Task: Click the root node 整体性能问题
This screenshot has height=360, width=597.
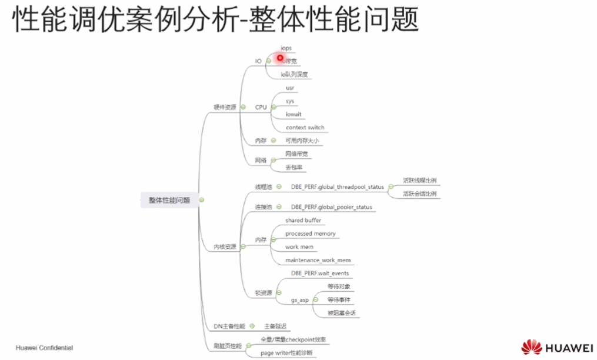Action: pos(169,200)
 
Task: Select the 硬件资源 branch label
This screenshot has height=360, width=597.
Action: pos(225,107)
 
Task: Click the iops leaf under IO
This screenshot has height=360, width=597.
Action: pos(286,48)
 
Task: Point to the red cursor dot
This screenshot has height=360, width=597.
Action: pos(281,58)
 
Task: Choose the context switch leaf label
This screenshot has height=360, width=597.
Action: pos(305,127)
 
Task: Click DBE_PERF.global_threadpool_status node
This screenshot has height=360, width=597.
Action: pos(337,187)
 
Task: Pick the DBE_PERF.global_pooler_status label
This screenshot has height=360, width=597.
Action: pos(331,207)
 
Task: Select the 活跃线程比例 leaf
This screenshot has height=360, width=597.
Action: pos(419,180)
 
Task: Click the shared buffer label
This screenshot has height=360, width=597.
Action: pos(303,220)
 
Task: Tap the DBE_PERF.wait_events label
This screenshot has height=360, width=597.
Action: pos(319,273)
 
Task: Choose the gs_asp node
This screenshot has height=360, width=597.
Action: pos(300,300)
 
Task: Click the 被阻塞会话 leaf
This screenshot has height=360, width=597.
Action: pos(342,312)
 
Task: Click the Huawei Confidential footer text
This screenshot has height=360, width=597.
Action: pos(44,348)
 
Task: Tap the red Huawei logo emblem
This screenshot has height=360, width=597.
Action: pos(532,347)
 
